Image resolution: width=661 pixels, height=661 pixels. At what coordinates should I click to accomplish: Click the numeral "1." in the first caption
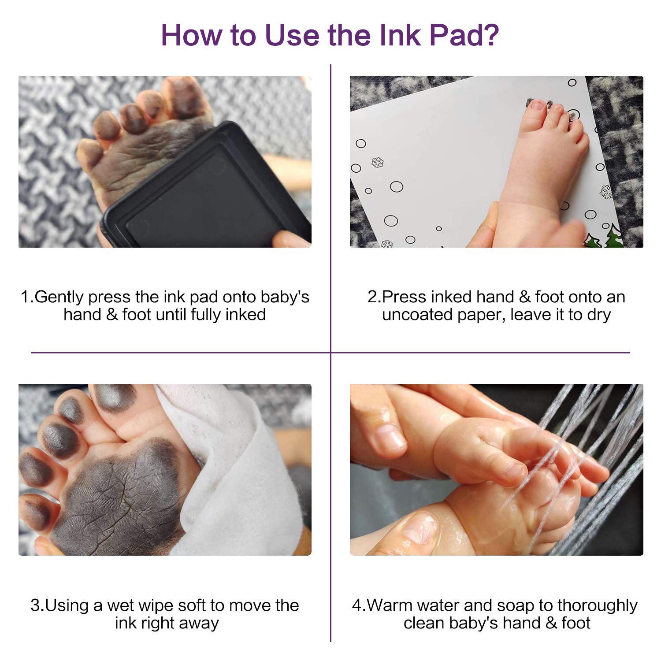point(27,297)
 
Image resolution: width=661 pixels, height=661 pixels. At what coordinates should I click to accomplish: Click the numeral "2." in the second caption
point(374,297)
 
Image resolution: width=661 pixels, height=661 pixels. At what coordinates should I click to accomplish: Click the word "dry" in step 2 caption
point(598,316)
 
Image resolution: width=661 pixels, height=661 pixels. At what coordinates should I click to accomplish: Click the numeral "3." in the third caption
point(37,605)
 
